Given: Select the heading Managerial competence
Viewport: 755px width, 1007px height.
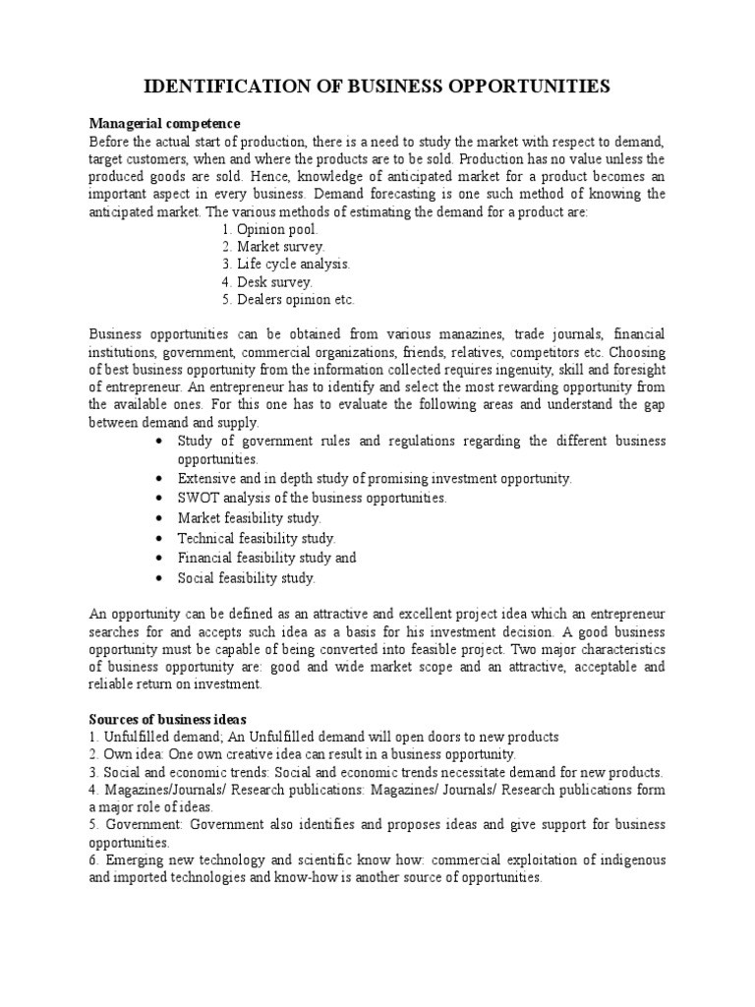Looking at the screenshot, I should point(164,123).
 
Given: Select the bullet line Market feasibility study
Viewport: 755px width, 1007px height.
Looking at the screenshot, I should point(249,517).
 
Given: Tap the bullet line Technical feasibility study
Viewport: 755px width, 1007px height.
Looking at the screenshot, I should point(256,538).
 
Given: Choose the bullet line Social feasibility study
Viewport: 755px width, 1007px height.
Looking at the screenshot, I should point(246,578).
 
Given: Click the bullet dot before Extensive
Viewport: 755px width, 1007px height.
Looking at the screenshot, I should point(159,478).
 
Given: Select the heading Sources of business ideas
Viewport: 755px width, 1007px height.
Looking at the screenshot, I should point(167,719).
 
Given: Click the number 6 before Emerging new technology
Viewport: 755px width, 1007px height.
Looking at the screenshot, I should point(93,860).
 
